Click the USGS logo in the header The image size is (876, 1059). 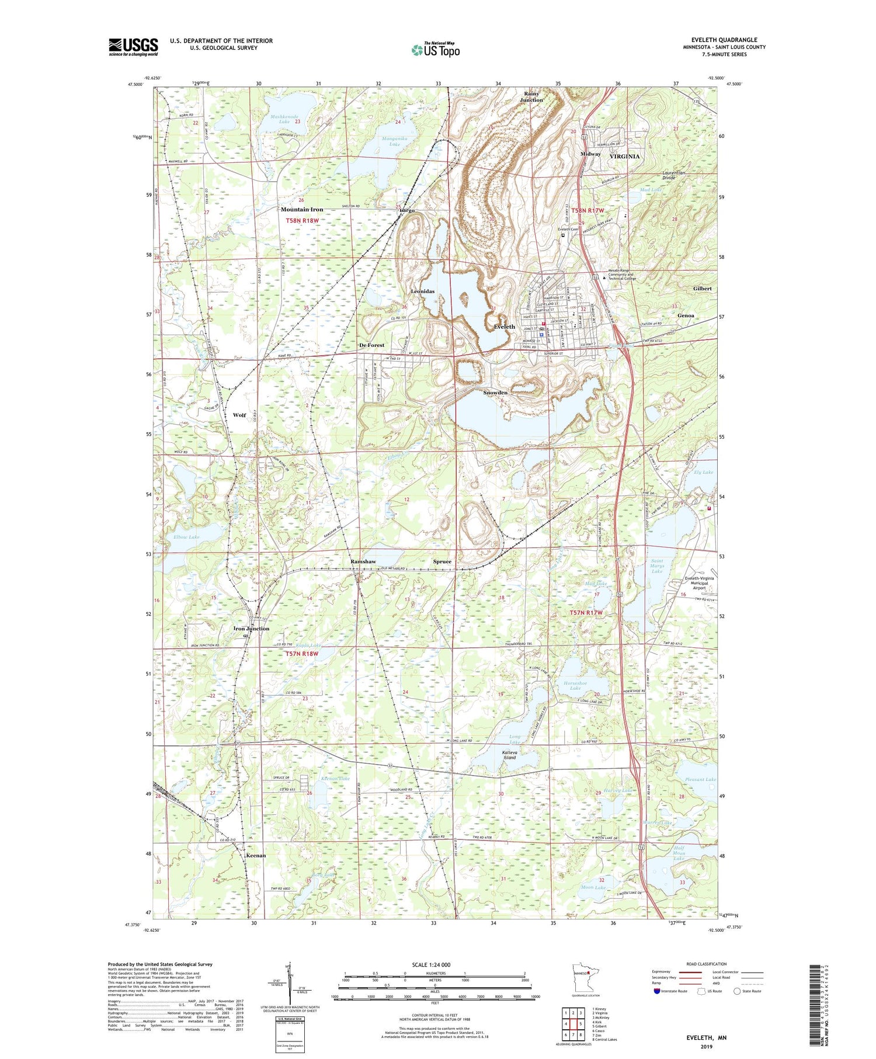coord(133,47)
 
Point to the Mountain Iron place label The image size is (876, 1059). coord(301,210)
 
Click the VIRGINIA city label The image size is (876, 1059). coord(624,157)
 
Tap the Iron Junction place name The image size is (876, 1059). coord(251,629)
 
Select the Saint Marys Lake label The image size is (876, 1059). coord(657,566)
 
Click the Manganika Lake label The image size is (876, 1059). coord(394,141)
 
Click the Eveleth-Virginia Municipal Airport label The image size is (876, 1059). coord(699,582)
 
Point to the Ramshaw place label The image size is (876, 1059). coord(363,561)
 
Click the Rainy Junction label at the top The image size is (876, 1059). coord(531,96)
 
